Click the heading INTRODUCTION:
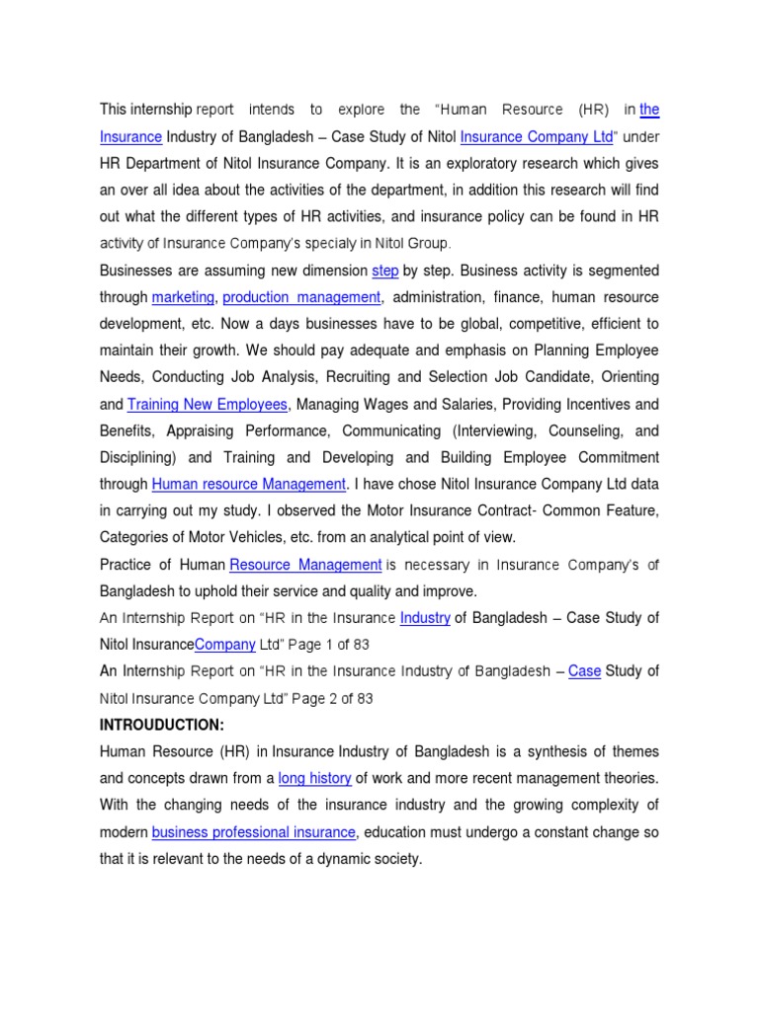pyautogui.click(x=162, y=725)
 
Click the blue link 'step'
pyautogui.click(x=384, y=271)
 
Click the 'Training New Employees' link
pyautogui.click(x=208, y=404)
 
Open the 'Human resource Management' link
pyautogui.click(x=249, y=484)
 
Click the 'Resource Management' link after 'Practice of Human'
pyautogui.click(x=305, y=564)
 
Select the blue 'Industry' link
pyautogui.click(x=425, y=617)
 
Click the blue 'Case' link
pyautogui.click(x=584, y=671)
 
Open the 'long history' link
pyautogui.click(x=314, y=778)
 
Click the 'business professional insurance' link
pyautogui.click(x=253, y=832)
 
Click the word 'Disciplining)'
pyautogui.click(x=138, y=457)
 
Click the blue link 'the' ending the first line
pyautogui.click(x=649, y=110)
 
